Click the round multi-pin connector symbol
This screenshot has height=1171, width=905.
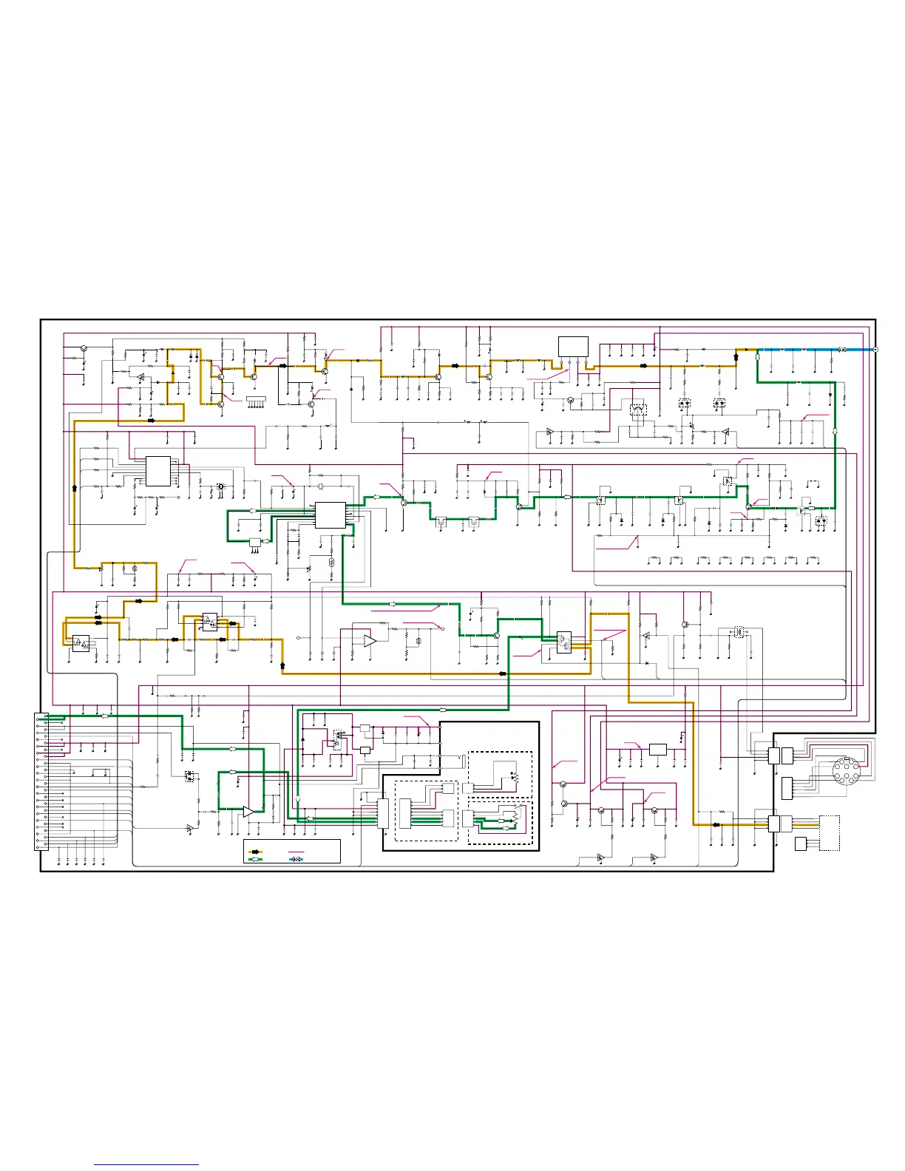point(847,771)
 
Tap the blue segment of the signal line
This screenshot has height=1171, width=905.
point(799,350)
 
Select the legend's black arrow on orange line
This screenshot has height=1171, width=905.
point(256,852)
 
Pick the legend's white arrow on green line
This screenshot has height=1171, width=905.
point(256,859)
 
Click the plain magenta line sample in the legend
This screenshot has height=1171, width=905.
point(296,852)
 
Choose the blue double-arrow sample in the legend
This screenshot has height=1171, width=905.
point(296,859)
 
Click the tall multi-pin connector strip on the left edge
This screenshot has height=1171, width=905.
point(41,781)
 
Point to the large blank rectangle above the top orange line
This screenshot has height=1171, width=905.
point(573,347)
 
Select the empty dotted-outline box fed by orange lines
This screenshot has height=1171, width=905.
point(830,833)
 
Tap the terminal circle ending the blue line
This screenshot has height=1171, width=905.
point(875,350)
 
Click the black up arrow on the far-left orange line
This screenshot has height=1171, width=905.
point(75,488)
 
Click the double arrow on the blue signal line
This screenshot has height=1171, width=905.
point(842,350)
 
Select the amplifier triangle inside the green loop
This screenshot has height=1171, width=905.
point(248,812)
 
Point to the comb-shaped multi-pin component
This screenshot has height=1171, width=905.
point(256,401)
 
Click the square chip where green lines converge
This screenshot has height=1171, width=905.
point(330,515)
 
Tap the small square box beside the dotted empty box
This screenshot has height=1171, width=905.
point(801,844)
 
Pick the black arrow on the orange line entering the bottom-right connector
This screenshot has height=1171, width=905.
point(715,824)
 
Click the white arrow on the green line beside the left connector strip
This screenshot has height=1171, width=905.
point(104,716)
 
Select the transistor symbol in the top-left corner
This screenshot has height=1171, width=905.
point(84,348)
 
